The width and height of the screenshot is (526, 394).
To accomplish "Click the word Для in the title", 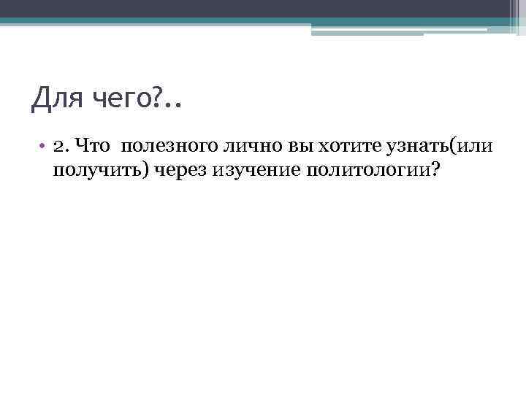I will point(54,98).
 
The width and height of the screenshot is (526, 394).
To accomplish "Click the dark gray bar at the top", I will point(263,8).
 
